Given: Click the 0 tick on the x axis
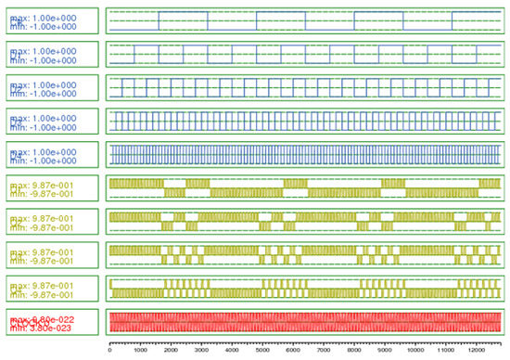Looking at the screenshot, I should [x=110, y=351].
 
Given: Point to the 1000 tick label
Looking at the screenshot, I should [x=141, y=351].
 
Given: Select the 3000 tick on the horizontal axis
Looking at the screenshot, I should [x=202, y=351].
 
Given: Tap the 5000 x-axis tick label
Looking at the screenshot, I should [x=263, y=351].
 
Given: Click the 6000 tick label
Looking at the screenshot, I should [x=294, y=351].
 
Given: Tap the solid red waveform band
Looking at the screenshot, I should [x=305, y=321].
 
